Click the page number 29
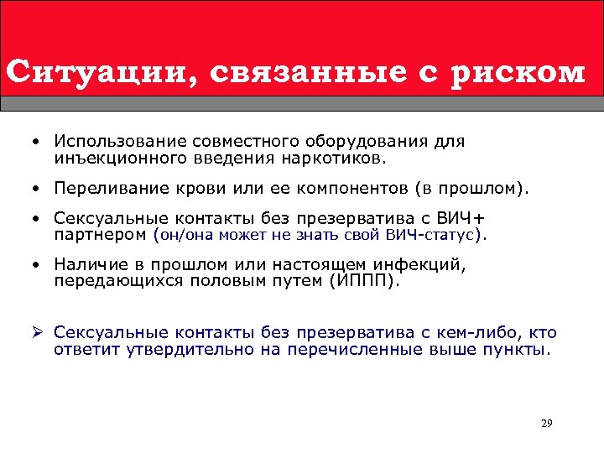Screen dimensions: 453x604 point(547,423)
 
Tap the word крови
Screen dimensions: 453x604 point(195,188)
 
